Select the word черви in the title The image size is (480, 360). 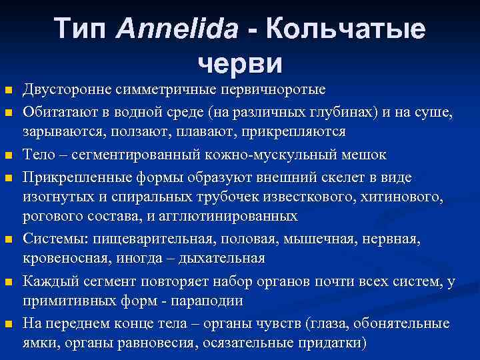(240, 63)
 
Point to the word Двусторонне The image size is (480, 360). (65, 89)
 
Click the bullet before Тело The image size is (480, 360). (7, 155)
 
